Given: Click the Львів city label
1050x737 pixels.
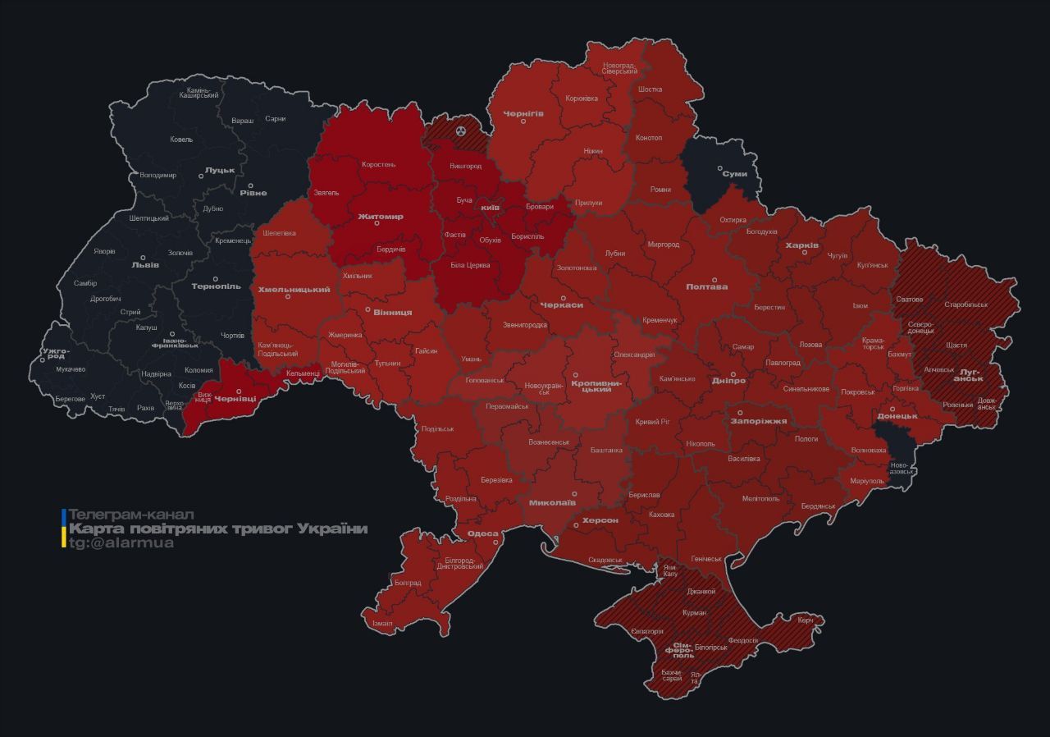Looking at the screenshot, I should (x=145, y=266).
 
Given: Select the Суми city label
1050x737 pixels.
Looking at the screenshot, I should (x=734, y=174).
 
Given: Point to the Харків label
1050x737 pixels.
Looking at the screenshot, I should (x=801, y=245).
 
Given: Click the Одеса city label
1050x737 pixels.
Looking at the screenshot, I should (x=482, y=534).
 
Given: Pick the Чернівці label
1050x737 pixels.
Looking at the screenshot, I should (x=235, y=398).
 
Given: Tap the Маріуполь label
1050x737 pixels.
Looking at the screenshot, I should (x=866, y=481).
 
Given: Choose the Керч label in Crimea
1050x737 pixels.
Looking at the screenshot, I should (x=805, y=620).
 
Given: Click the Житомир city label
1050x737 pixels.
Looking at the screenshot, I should (x=381, y=217).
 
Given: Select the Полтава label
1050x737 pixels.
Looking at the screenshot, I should (x=707, y=286).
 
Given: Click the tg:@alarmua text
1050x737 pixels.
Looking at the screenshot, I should (x=121, y=543).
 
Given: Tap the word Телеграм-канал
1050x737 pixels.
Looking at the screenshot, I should (x=131, y=515).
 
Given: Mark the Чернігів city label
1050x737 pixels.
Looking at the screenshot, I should (x=523, y=112).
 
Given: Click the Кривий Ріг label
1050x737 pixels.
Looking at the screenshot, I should (x=653, y=422).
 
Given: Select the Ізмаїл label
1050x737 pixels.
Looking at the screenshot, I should (x=382, y=623).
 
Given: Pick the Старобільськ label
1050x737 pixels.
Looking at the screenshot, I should (x=966, y=304).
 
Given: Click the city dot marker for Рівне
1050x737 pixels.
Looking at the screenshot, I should (x=251, y=185).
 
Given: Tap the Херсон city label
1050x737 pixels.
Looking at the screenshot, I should (x=600, y=520).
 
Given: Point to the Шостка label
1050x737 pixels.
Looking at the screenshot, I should (x=649, y=89).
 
